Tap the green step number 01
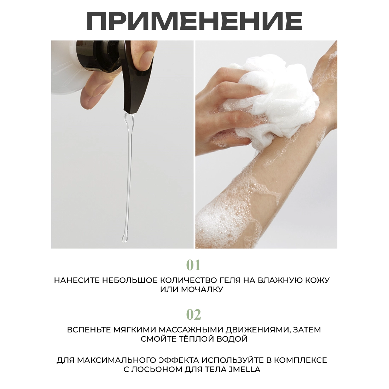pos(193,265)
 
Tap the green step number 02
pos(193,315)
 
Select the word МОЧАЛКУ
pos(202,290)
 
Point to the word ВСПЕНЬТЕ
pos(89,330)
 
